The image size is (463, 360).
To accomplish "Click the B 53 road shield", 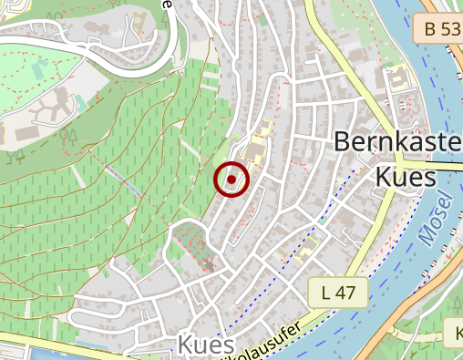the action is coord(442,29).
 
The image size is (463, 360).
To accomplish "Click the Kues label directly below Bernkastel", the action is coord(406,176).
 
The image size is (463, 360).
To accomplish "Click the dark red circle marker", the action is coord(231,180).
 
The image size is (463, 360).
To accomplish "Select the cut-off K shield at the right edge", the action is coord(454,333).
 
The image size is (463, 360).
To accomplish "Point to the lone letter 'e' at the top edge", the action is coord(167,4).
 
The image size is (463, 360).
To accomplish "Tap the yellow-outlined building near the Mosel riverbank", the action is coord(399,81).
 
